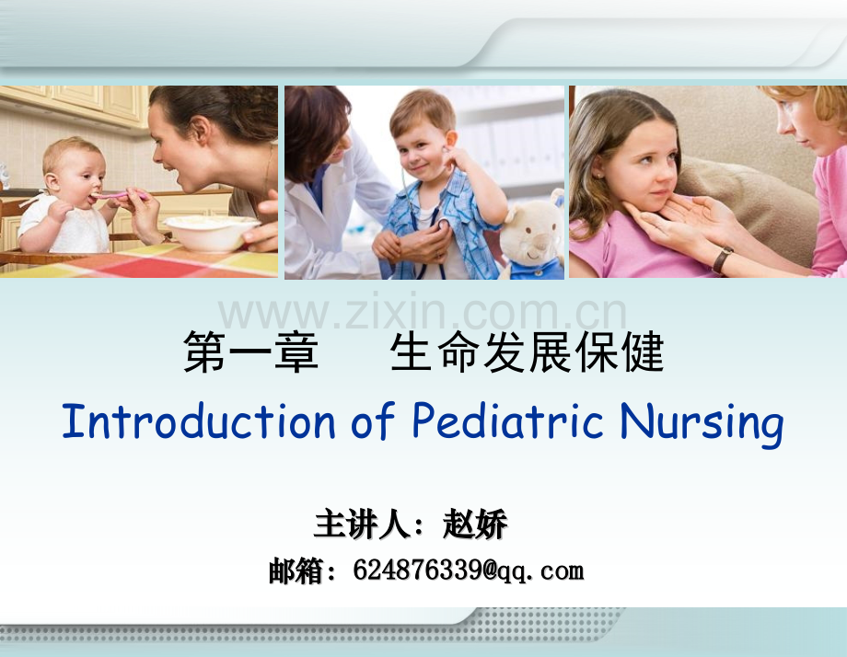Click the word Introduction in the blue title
[199, 421]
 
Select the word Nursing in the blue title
[702, 425]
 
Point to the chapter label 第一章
[250, 352]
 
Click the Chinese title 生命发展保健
[528, 352]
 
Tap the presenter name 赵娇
[475, 524]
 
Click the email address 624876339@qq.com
[469, 571]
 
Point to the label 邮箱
[296, 571]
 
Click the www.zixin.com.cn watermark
[423, 313]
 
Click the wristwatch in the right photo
[722, 259]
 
